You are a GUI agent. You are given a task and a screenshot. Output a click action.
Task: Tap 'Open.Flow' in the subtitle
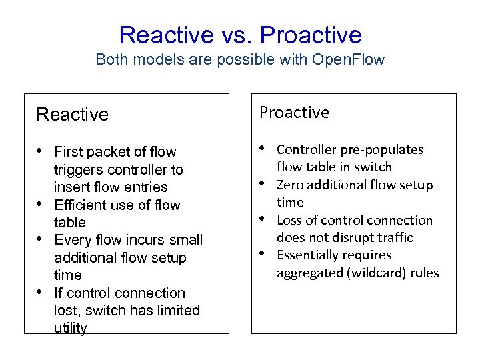coord(347,59)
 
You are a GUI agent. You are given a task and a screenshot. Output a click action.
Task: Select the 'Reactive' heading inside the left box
coord(72,115)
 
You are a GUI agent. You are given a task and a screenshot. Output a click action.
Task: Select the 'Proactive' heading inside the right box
coord(294,113)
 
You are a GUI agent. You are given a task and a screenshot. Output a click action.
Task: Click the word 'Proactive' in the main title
coord(311,35)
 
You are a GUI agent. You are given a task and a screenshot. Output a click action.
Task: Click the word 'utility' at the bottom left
coord(70,328)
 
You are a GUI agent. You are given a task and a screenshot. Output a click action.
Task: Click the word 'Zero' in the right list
coord(289,185)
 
